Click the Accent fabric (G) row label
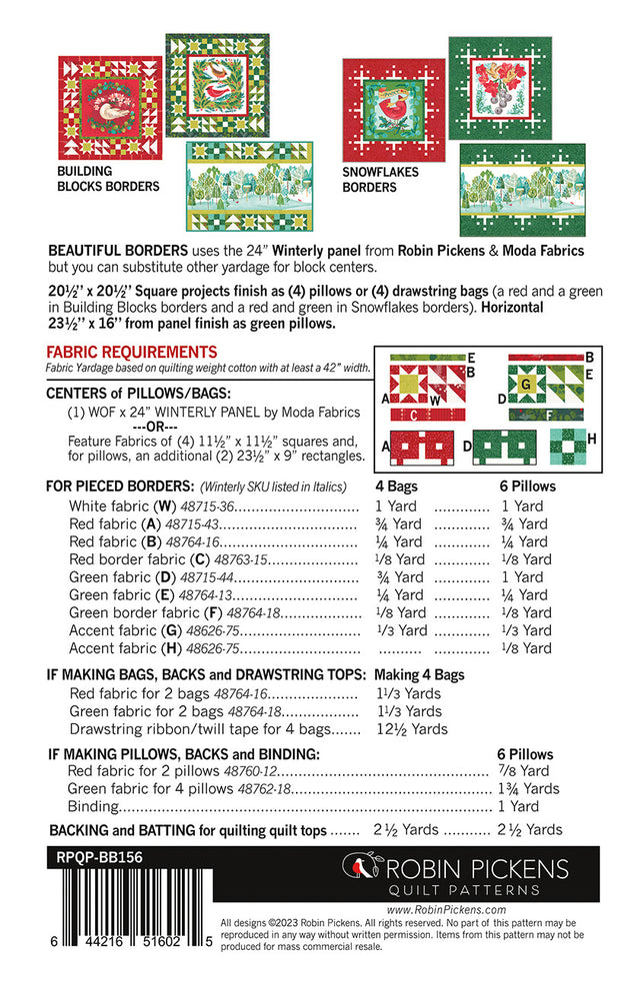click(x=127, y=630)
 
